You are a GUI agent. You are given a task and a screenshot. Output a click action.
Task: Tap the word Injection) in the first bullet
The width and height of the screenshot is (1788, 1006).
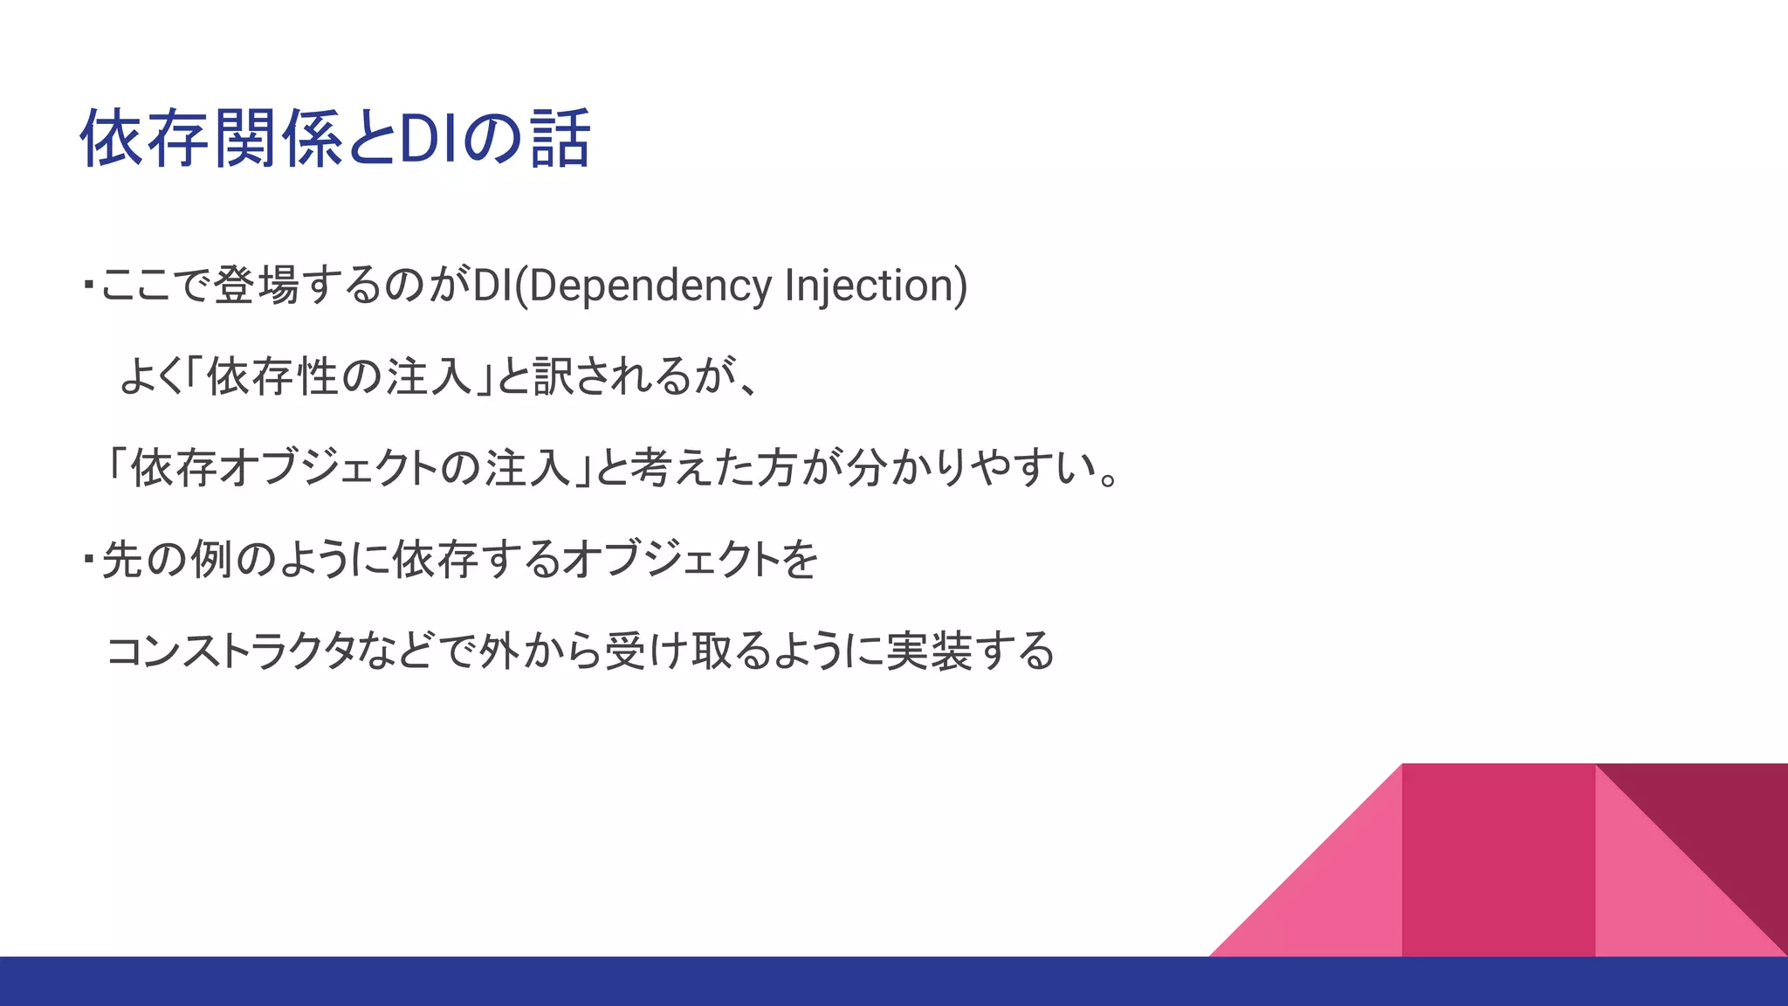coord(876,286)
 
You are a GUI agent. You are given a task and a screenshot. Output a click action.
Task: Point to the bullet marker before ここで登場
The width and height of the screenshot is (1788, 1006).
coord(88,285)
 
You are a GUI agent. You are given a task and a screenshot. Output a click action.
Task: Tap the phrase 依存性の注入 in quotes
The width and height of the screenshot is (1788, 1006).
coord(339,377)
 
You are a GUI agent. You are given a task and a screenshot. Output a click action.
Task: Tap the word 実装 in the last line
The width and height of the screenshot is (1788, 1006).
coord(929,651)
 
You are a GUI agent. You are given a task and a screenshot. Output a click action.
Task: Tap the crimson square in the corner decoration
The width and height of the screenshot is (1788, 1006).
coord(1498,860)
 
